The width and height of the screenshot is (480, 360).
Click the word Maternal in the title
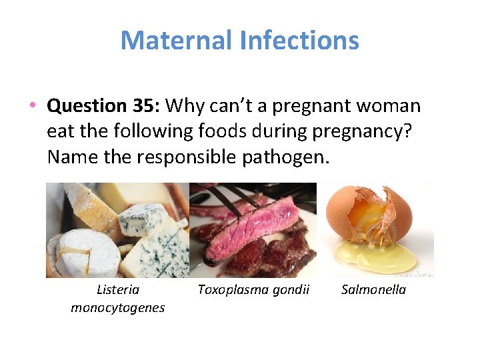[x=175, y=41]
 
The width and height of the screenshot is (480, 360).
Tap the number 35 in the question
[x=143, y=106]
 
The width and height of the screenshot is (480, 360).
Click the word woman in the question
[x=390, y=106]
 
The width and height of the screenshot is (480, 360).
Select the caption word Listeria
[x=118, y=289]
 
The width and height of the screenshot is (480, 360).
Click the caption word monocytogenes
[x=118, y=307]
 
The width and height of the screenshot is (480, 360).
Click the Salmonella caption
[x=373, y=289]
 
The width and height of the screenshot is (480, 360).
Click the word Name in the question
[x=67, y=157]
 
